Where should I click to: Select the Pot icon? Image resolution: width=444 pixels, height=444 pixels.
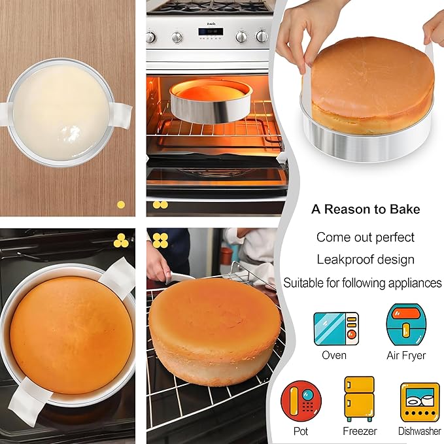pyautogui.click(x=301, y=400)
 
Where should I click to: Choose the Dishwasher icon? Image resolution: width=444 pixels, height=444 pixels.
pyautogui.click(x=419, y=401)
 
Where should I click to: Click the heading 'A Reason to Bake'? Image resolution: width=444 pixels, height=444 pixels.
pyautogui.click(x=366, y=210)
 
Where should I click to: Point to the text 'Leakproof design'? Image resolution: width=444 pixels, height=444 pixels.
pyautogui.click(x=366, y=260)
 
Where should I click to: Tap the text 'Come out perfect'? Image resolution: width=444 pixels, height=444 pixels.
pyautogui.click(x=366, y=237)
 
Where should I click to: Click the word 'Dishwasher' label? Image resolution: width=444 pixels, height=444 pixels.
pyautogui.click(x=419, y=431)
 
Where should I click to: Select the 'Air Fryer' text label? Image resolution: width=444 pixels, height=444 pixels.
pyautogui.click(x=405, y=356)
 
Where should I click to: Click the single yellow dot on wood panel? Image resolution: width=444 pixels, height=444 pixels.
pyautogui.click(x=120, y=204)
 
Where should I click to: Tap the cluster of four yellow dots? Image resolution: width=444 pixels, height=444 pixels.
pyautogui.click(x=160, y=240)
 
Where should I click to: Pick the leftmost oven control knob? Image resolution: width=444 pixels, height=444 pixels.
pyautogui.click(x=151, y=37)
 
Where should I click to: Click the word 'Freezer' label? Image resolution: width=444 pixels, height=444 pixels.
pyautogui.click(x=360, y=431)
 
